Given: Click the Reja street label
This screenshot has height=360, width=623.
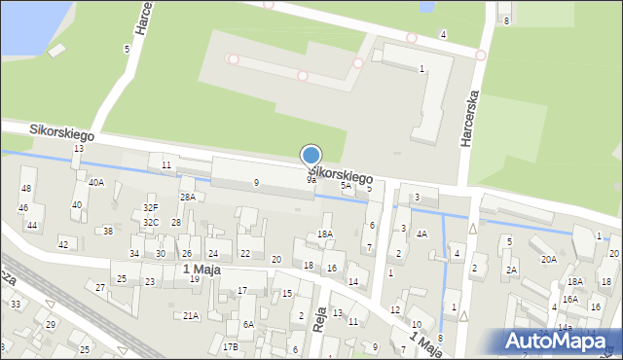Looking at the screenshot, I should click(x=319, y=318).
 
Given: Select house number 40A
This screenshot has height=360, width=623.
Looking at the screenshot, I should click(x=95, y=182).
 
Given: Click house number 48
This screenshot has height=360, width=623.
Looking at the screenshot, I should click(x=26, y=188).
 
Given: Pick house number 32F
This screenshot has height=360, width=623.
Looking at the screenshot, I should click(x=151, y=207).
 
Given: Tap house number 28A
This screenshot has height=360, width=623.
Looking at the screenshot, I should click(x=187, y=197).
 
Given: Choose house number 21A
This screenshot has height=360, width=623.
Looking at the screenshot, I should click(x=191, y=315).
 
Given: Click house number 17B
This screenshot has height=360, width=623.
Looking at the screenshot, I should click(x=230, y=347).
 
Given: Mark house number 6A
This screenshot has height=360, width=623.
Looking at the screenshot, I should click(x=248, y=325).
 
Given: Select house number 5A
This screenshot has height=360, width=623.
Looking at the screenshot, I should click(x=346, y=185).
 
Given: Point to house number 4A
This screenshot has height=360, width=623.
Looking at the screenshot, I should click(x=421, y=234).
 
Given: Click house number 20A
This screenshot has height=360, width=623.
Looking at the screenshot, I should click(x=549, y=259).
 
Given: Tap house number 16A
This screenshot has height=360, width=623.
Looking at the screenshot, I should click(x=569, y=299).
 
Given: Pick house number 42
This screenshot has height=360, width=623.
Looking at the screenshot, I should click(x=63, y=244).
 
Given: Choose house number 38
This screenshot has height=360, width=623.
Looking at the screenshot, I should click(x=108, y=231).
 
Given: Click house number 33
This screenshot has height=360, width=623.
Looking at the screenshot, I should click(x=17, y=305).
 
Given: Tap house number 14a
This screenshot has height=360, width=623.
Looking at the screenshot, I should click(x=565, y=329).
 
